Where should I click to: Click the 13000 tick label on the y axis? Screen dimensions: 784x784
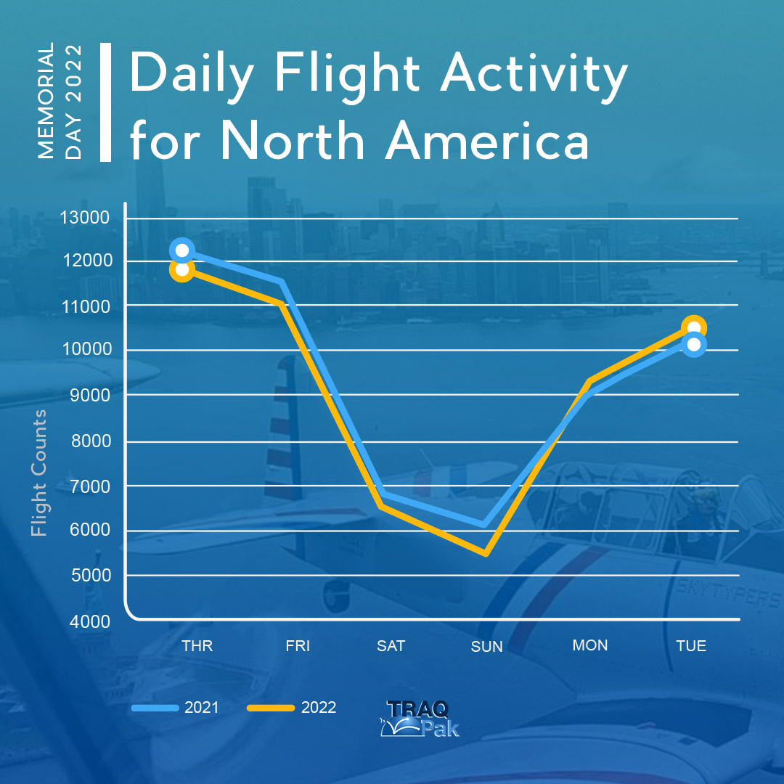84,218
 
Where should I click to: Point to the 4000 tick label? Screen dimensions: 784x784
90,621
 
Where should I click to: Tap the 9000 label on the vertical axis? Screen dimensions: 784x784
90,395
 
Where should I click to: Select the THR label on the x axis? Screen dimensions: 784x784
197,645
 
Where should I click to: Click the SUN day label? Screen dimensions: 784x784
486,647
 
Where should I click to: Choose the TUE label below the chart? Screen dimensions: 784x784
691,645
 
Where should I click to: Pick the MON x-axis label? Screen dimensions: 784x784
590,645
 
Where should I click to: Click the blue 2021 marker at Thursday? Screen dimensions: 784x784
182,250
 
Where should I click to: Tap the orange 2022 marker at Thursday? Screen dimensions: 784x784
182,270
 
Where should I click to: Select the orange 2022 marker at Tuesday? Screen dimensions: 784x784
694,327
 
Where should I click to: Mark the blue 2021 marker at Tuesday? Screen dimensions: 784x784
694,345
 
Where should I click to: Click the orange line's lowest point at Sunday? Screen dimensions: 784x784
485,553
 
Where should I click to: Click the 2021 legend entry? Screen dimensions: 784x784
176,708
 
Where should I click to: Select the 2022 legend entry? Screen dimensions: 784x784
292,708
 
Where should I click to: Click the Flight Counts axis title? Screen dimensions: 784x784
38,473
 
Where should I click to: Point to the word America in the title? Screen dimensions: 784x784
487,141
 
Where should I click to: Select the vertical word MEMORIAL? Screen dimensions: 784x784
46,100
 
